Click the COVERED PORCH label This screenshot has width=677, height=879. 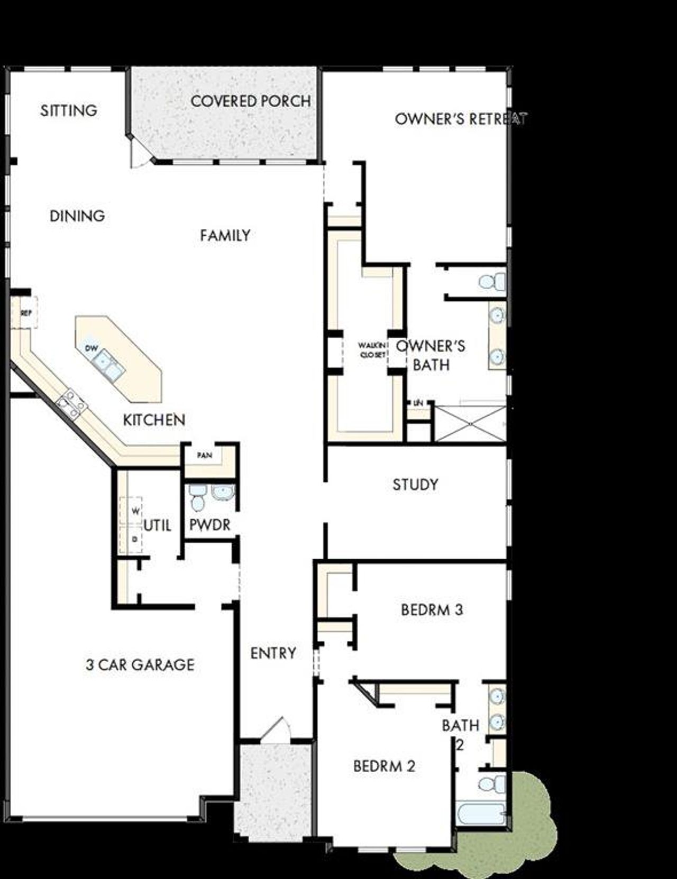coord(250,101)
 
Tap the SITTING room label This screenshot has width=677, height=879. coord(69,110)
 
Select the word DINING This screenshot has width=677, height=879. coord(77,216)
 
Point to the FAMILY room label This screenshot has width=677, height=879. coord(225,235)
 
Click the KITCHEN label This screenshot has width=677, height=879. coord(154,420)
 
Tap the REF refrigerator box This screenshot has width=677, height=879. coord(26,313)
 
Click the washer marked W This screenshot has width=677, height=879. coord(135,511)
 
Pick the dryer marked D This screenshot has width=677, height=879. coord(135,539)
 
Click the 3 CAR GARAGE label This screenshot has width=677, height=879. coord(140,664)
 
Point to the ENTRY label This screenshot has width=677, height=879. coord(273,653)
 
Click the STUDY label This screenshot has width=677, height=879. coord(415,485)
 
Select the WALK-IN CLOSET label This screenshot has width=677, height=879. coord(372,350)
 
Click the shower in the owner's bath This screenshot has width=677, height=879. coord(469,423)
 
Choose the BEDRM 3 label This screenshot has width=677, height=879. coord(432,610)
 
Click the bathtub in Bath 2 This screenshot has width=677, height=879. coord(481,814)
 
